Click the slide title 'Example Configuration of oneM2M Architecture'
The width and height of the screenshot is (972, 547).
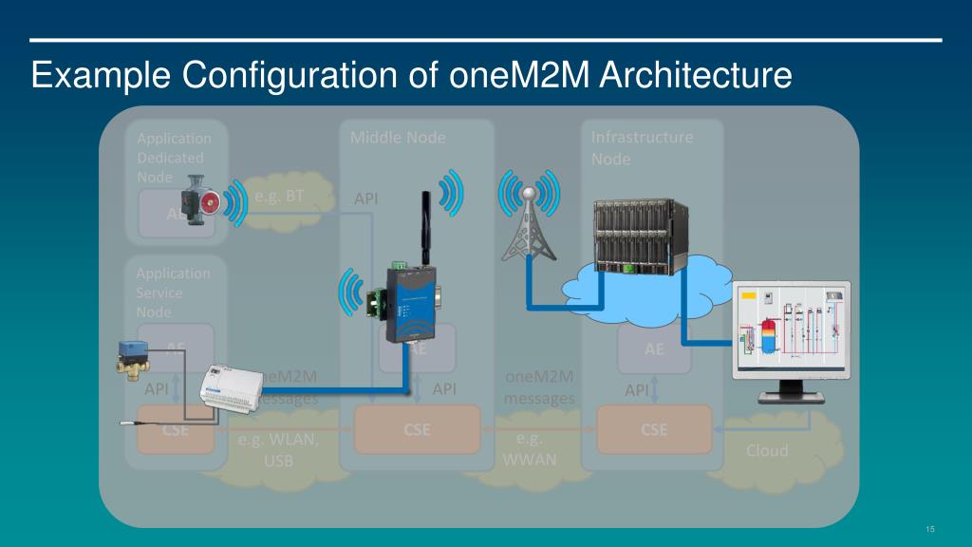410,75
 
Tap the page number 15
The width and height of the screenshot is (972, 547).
930,529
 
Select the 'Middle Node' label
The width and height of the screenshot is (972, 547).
398,138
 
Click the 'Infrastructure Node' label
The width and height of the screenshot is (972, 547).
642,147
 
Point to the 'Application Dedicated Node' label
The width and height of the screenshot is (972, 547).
174,157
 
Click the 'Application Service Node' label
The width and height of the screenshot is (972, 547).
173,292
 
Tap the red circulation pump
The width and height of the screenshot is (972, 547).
201,199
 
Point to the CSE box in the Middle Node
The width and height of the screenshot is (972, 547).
417,429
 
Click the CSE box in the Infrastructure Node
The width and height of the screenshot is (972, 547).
653,429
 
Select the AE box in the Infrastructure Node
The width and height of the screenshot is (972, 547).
654,349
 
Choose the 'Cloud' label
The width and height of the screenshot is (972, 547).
766,450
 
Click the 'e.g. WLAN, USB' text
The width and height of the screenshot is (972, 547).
278,451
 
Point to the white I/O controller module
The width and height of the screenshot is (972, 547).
228,387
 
